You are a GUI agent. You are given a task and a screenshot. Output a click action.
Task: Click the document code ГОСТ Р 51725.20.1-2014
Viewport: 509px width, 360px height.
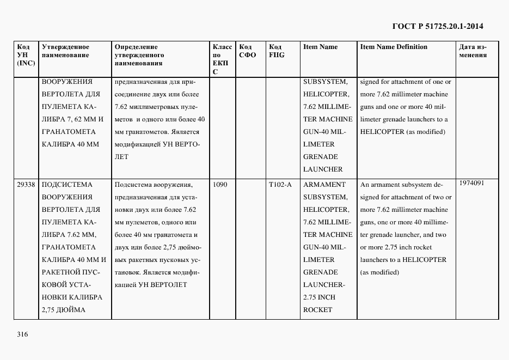(x=438, y=26)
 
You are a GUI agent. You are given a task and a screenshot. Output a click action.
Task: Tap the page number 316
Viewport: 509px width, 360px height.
(x=22, y=334)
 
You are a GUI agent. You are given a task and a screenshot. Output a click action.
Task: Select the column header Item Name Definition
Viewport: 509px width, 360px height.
(x=394, y=47)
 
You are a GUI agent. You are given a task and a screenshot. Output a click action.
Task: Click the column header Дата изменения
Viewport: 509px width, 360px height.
(x=473, y=51)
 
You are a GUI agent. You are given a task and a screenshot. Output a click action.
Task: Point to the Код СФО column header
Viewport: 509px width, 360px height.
(x=248, y=51)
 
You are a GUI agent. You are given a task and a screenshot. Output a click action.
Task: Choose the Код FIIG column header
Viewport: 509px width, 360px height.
(x=277, y=51)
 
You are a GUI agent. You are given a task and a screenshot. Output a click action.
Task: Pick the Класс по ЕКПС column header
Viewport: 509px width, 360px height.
(x=222, y=59)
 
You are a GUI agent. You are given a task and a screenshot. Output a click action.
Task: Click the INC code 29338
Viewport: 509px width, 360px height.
(x=26, y=185)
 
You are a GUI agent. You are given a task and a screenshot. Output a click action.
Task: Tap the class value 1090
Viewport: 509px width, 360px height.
(x=220, y=185)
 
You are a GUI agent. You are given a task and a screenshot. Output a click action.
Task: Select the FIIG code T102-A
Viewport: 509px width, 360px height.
(x=280, y=185)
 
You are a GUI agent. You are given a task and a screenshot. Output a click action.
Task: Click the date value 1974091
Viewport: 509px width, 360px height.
(x=471, y=183)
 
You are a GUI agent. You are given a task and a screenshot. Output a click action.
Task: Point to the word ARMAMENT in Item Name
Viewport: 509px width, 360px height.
(x=324, y=185)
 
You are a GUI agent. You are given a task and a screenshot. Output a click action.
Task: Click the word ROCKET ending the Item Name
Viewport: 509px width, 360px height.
(x=318, y=310)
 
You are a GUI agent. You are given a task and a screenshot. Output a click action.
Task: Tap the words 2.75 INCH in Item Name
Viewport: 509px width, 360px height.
(x=320, y=297)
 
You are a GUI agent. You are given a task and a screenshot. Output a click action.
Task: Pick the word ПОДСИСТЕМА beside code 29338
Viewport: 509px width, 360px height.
(x=67, y=185)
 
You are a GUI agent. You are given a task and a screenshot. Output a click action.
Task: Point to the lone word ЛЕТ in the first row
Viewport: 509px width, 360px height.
(x=121, y=157)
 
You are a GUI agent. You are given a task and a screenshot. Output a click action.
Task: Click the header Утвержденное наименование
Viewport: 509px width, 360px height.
(x=65, y=51)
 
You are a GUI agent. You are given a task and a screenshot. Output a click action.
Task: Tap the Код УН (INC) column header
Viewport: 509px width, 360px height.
(x=26, y=55)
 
